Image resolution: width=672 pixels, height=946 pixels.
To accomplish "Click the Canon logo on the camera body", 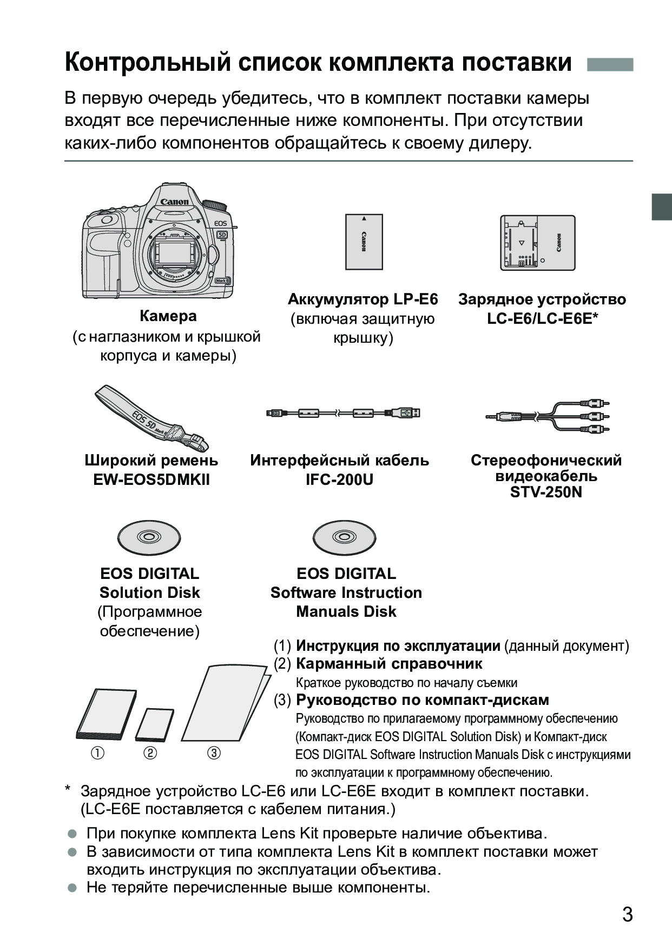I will (x=174, y=202).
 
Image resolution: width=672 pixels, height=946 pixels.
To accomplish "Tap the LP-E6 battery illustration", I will (x=364, y=242).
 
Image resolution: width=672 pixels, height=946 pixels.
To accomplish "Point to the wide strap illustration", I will (x=152, y=419).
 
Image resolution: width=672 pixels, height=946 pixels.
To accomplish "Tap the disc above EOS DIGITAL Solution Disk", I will (x=149, y=538).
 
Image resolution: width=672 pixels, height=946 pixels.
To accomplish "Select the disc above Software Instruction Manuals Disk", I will (x=344, y=538).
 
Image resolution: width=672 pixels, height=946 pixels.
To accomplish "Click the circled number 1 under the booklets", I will (x=98, y=753).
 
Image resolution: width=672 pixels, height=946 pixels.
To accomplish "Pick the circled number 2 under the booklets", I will (x=150, y=753).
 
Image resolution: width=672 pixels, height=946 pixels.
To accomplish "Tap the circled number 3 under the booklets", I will (x=214, y=753).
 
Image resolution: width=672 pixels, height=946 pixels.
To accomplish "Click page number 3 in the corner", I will (x=627, y=915).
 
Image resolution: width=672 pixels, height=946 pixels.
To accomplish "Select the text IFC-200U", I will (x=339, y=480).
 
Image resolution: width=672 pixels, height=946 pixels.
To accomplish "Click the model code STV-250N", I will (x=546, y=492).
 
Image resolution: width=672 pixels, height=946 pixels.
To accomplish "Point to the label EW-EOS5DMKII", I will (x=151, y=480).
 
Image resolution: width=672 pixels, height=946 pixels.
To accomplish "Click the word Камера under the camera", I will (x=168, y=316).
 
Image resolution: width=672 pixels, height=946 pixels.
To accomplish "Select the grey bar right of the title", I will (x=610, y=65).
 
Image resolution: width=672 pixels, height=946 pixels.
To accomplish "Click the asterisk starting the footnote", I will (x=68, y=790).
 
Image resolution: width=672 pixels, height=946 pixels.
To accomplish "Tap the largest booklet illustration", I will (x=225, y=703).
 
